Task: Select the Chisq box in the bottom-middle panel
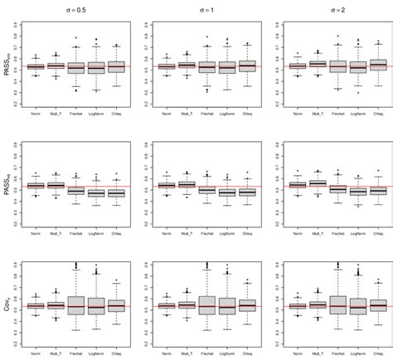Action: pyautogui.click(x=246, y=306)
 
